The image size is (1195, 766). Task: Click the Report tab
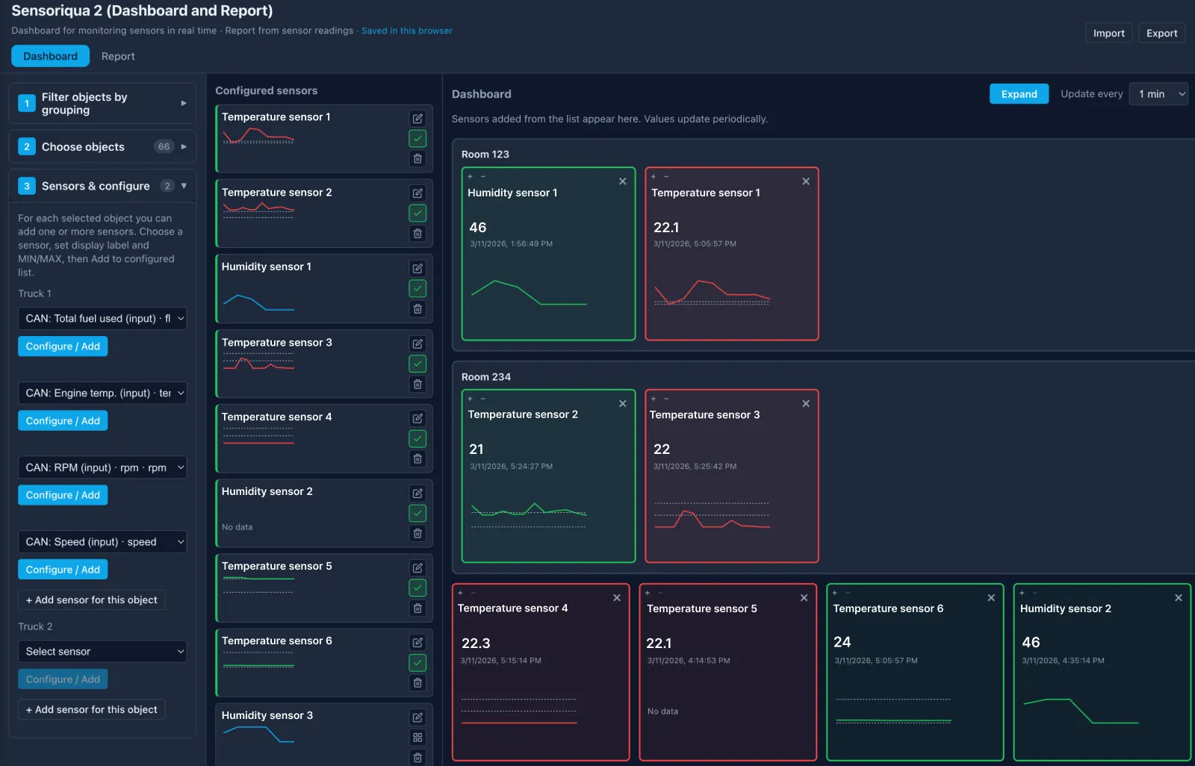pos(118,56)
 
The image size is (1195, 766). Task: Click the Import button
pos(1108,33)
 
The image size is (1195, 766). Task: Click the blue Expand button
pos(1019,94)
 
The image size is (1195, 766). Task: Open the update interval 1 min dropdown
pos(1158,94)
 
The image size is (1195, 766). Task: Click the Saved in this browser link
pos(406,31)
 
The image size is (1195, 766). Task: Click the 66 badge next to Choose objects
pos(164,146)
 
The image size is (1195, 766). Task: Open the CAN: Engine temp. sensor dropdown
pos(102,393)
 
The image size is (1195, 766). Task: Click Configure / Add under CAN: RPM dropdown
pos(63,495)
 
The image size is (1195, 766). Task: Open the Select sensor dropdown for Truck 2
pos(102,651)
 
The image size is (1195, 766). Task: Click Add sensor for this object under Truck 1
pos(91,600)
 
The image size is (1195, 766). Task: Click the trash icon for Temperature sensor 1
pos(418,158)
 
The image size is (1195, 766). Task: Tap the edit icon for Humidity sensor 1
pos(418,268)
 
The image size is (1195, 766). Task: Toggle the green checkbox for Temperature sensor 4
pos(418,438)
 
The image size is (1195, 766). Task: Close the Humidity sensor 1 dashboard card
pos(622,181)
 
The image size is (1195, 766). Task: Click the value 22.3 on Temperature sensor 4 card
pos(476,643)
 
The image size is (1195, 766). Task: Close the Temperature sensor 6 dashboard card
pos(991,598)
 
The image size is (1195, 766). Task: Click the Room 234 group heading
pos(486,377)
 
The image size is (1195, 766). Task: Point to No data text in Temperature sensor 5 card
pos(662,711)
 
